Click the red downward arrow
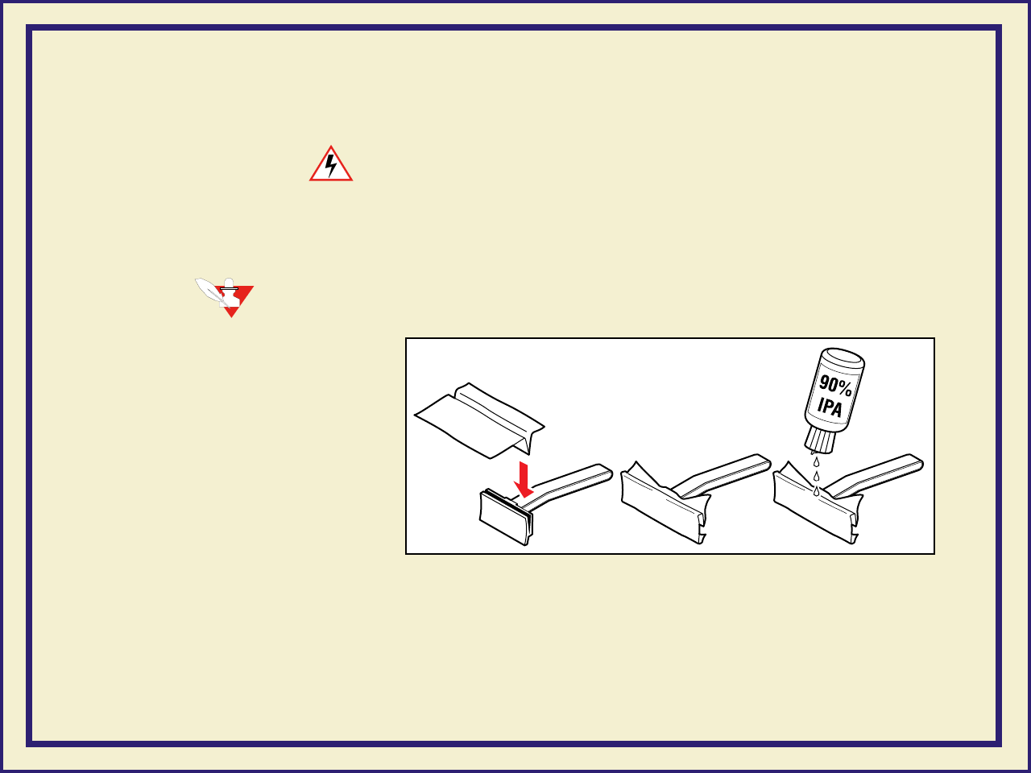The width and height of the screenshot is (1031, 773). tap(524, 480)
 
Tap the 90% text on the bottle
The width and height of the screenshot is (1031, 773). tap(835, 386)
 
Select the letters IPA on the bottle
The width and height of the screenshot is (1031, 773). tap(830, 407)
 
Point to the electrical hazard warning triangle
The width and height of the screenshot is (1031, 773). tap(331, 163)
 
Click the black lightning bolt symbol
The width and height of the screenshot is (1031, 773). tap(331, 165)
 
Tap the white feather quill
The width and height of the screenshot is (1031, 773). tap(209, 291)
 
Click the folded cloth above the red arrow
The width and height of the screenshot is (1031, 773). tap(479, 420)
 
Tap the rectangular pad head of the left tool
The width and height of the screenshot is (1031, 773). tap(506, 517)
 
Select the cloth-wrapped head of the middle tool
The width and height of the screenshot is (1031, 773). tap(665, 502)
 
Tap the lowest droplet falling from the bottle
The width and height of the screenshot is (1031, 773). tap(817, 491)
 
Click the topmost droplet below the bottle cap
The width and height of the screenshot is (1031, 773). tap(817, 462)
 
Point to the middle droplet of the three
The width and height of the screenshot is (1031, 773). tap(817, 477)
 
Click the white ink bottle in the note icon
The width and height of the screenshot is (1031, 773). tap(230, 293)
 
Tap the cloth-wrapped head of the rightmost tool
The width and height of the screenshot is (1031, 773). tap(817, 502)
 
